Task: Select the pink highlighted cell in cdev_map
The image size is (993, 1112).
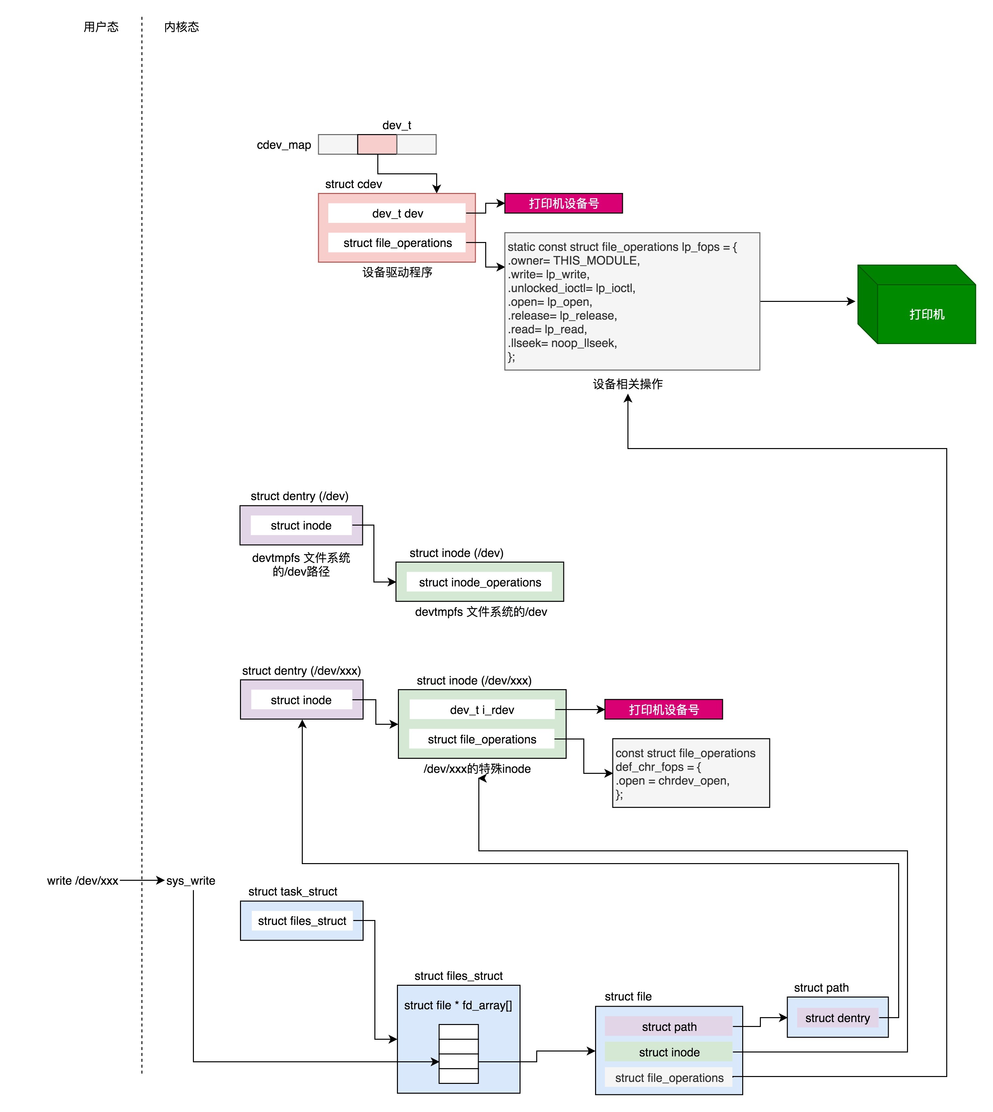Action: point(377,145)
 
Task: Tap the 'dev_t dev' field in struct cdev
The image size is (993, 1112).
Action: point(397,213)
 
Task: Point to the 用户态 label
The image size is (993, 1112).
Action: point(101,27)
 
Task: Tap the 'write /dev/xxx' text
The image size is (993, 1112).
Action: point(82,881)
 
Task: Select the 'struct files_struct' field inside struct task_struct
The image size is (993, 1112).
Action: point(302,921)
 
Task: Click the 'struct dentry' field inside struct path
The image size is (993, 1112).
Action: point(837,1018)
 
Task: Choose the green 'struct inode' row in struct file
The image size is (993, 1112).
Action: point(669,1052)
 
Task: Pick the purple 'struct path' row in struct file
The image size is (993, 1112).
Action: point(669,1027)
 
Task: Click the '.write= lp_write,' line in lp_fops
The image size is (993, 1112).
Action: point(548,274)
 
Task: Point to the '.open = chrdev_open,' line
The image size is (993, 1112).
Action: point(672,781)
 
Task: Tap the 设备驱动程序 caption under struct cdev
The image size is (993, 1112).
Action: point(397,272)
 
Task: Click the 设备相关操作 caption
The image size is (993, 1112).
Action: point(627,384)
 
